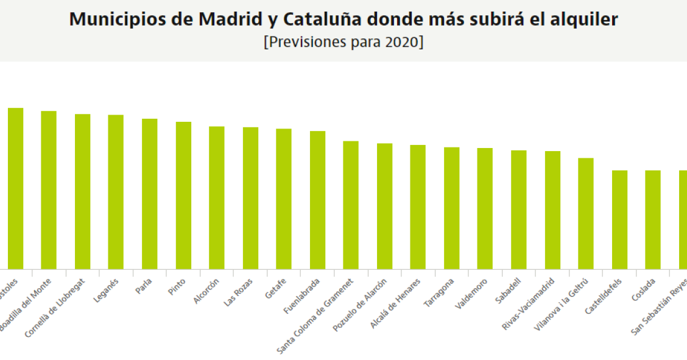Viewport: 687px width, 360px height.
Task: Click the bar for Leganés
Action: point(116,192)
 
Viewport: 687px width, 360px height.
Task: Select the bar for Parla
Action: point(150,194)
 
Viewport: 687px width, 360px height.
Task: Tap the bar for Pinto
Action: point(183,196)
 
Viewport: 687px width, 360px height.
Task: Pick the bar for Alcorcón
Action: point(217,197)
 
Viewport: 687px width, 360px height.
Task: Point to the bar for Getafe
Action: point(284,199)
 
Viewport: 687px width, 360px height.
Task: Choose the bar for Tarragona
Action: point(451,208)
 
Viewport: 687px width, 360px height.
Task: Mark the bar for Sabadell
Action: point(519,210)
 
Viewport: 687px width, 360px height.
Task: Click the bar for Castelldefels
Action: point(619,219)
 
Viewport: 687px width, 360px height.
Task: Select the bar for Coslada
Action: point(653,219)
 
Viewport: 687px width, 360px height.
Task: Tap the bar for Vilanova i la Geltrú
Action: point(586,213)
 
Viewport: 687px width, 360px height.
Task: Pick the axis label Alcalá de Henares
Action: point(396,303)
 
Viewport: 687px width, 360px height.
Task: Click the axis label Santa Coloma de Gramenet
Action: point(315,316)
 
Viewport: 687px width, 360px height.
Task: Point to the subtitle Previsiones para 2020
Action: point(343,43)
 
